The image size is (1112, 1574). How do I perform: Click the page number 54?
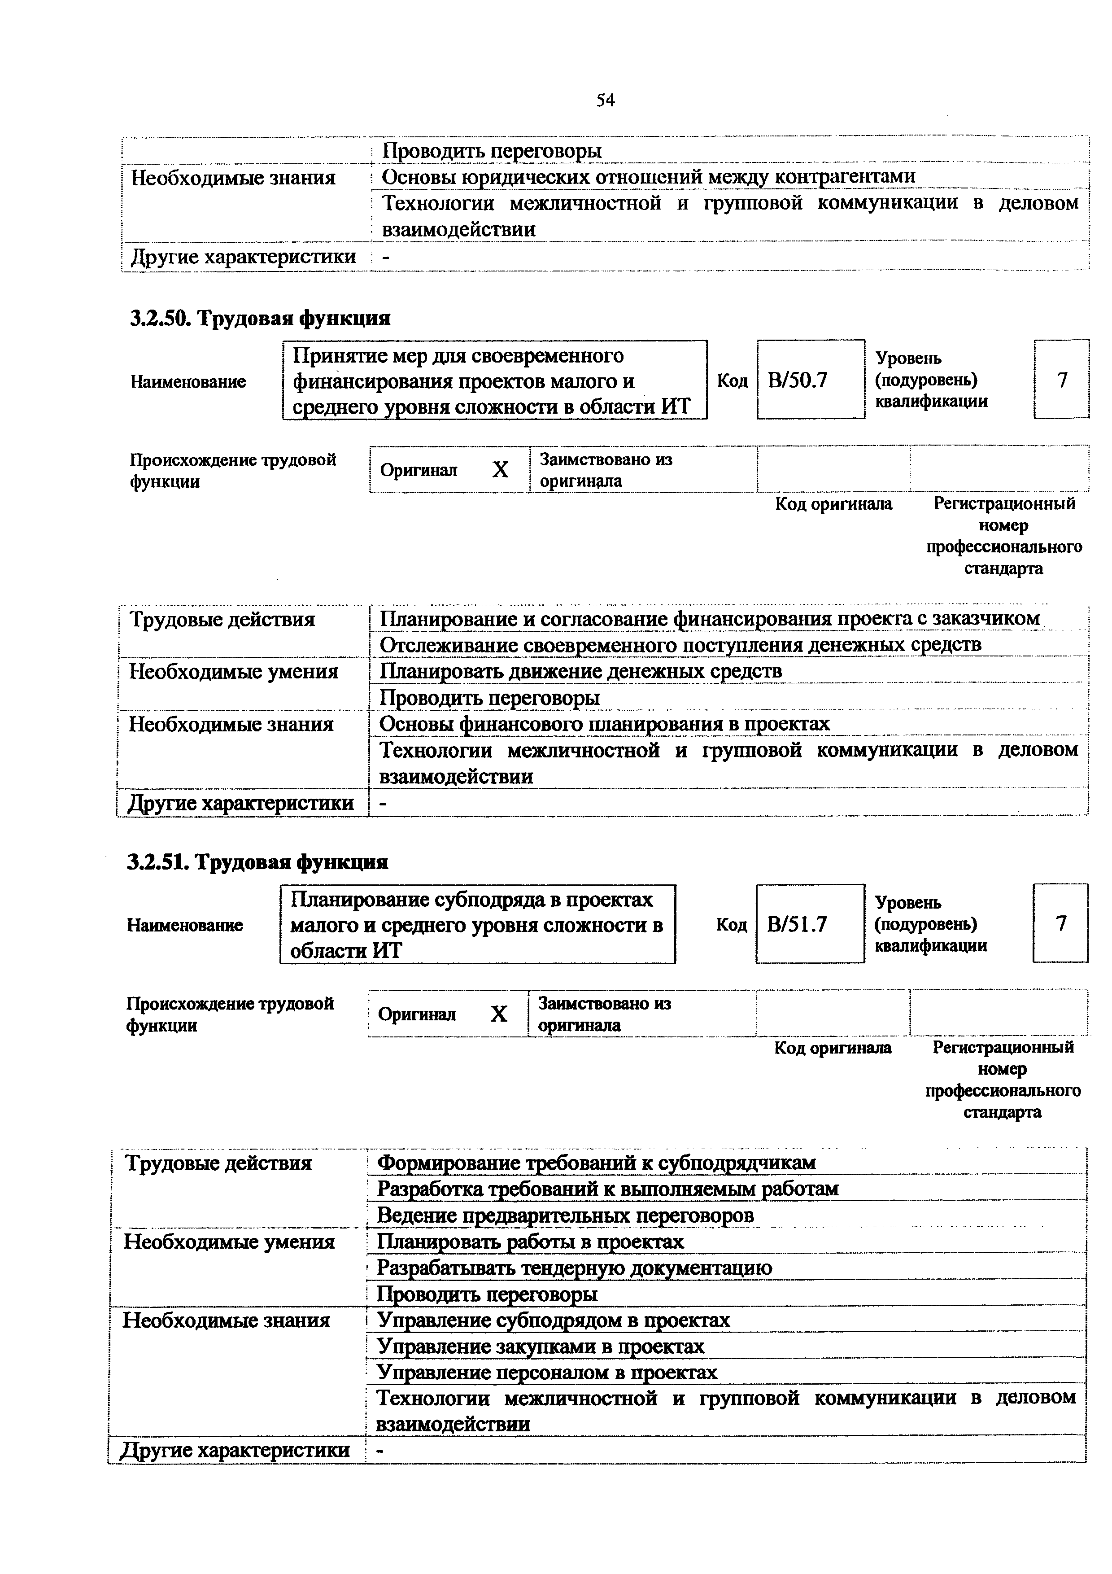pyautogui.click(x=605, y=101)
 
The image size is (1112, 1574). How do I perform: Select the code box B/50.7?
pyautogui.click(x=811, y=380)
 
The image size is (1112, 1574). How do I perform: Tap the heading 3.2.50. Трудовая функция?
pyautogui.click(x=260, y=318)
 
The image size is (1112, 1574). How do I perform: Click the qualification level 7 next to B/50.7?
pyautogui.click(x=1061, y=379)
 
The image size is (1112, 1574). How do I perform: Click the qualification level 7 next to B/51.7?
pyautogui.click(x=1060, y=923)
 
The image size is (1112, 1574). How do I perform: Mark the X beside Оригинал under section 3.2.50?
pyautogui.click(x=501, y=470)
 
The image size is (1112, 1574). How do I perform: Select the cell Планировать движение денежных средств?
pyautogui.click(x=580, y=670)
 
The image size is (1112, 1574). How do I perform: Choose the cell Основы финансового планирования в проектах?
pyautogui.click(x=604, y=723)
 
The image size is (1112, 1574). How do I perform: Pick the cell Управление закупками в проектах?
pyautogui.click(x=541, y=1347)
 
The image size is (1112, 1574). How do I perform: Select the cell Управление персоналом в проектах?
pyautogui.click(x=547, y=1373)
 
